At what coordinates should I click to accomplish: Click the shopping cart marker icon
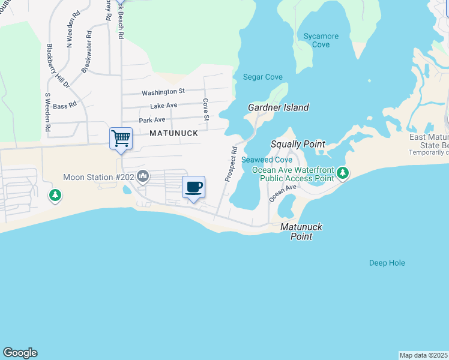(x=121, y=139)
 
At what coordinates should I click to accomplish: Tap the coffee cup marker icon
(x=193, y=187)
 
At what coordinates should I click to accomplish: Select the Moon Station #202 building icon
(x=143, y=176)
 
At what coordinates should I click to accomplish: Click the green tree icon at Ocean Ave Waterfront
(x=343, y=173)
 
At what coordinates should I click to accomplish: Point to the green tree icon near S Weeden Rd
(x=55, y=195)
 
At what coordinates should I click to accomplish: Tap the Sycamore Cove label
(x=321, y=40)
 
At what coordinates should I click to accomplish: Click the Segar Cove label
(x=262, y=77)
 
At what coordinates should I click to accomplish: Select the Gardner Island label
(x=279, y=107)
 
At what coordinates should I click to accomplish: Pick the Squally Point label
(x=298, y=144)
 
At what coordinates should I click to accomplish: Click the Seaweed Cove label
(x=267, y=160)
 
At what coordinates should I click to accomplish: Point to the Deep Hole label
(x=387, y=263)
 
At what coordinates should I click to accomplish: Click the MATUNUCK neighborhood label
(x=173, y=133)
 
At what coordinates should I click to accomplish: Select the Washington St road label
(x=163, y=92)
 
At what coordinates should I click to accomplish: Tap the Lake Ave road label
(x=163, y=106)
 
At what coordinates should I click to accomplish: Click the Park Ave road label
(x=152, y=120)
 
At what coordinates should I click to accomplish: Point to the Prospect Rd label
(x=231, y=164)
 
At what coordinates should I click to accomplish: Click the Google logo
(x=20, y=353)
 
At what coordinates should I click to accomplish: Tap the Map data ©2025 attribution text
(x=424, y=355)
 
